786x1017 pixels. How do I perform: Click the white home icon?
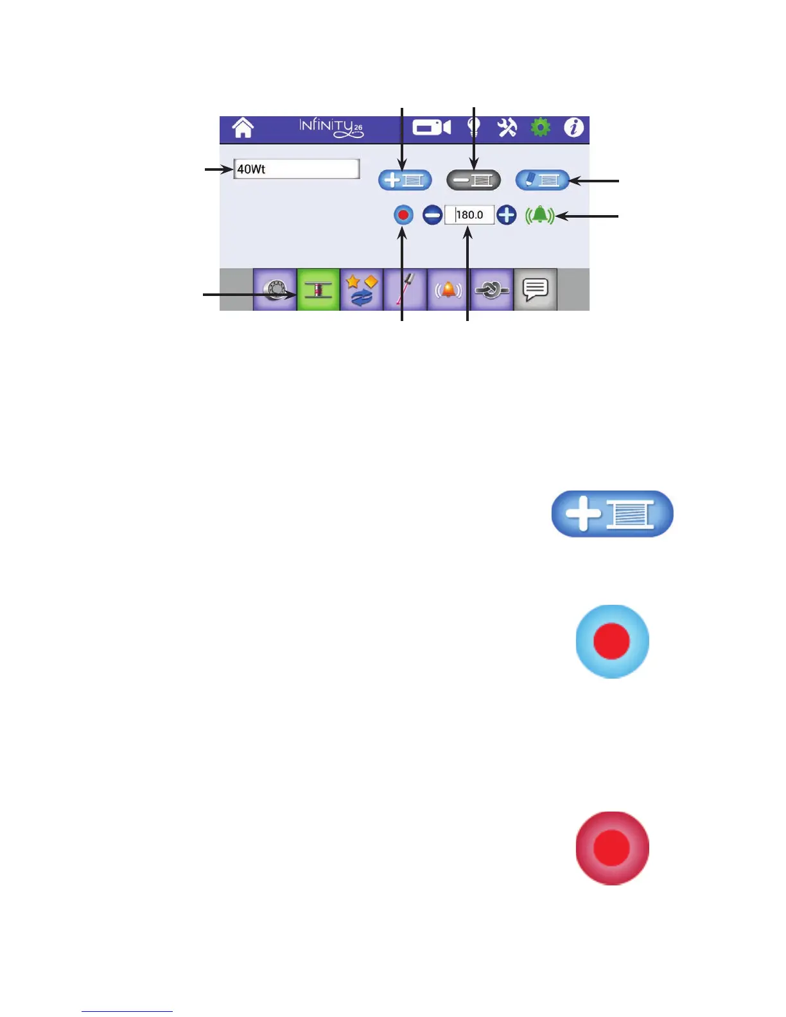pyautogui.click(x=243, y=128)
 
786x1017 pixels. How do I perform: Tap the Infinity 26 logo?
pyautogui.click(x=331, y=128)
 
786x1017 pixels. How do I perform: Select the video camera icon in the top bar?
pyautogui.click(x=432, y=128)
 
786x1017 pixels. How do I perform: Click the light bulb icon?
pyautogui.click(x=474, y=128)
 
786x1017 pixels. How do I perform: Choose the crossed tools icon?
pyautogui.click(x=507, y=128)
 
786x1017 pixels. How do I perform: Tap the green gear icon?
pyautogui.click(x=541, y=128)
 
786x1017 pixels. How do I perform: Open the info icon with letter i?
pyautogui.click(x=573, y=128)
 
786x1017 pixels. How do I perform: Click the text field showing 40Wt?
pyautogui.click(x=296, y=169)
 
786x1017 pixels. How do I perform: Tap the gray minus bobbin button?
pyautogui.click(x=474, y=180)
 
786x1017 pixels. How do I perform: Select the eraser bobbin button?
pyautogui.click(x=543, y=180)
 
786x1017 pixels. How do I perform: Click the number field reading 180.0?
pyautogui.click(x=469, y=214)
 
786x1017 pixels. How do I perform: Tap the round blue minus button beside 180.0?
pyautogui.click(x=433, y=214)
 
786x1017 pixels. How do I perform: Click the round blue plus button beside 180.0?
pyautogui.click(x=507, y=214)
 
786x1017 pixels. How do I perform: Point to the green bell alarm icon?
pyautogui.click(x=539, y=215)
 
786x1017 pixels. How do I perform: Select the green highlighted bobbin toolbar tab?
pyautogui.click(x=319, y=290)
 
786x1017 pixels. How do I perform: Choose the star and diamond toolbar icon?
pyautogui.click(x=362, y=290)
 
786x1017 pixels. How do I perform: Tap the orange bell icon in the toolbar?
pyautogui.click(x=448, y=290)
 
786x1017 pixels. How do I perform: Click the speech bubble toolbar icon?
pyautogui.click(x=536, y=290)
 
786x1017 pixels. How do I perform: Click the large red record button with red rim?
pyautogui.click(x=612, y=848)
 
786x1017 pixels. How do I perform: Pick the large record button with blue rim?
pyautogui.click(x=612, y=641)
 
